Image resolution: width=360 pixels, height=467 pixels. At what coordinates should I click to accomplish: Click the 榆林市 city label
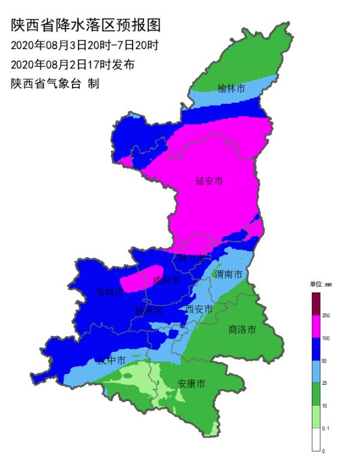231,88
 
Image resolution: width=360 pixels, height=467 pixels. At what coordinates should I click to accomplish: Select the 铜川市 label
192,259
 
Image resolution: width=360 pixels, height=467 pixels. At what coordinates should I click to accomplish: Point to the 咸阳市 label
166,280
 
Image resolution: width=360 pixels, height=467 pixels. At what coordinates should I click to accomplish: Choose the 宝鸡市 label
109,293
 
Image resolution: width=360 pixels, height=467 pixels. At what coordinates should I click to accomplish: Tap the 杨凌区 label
148,311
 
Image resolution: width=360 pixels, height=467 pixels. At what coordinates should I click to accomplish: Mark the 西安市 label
199,309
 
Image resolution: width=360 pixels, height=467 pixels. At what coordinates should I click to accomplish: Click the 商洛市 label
242,329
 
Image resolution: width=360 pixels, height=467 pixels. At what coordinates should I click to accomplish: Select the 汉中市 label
111,360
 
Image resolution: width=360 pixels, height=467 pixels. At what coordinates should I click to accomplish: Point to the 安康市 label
192,383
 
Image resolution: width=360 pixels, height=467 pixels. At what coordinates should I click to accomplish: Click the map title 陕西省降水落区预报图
86,25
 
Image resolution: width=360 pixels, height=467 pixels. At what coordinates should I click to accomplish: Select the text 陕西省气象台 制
55,83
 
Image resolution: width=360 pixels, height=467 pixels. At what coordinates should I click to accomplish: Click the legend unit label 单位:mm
320,284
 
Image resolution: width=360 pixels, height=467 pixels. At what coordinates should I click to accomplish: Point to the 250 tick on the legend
326,315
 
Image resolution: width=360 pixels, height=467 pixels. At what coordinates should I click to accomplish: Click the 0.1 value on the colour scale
326,428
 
